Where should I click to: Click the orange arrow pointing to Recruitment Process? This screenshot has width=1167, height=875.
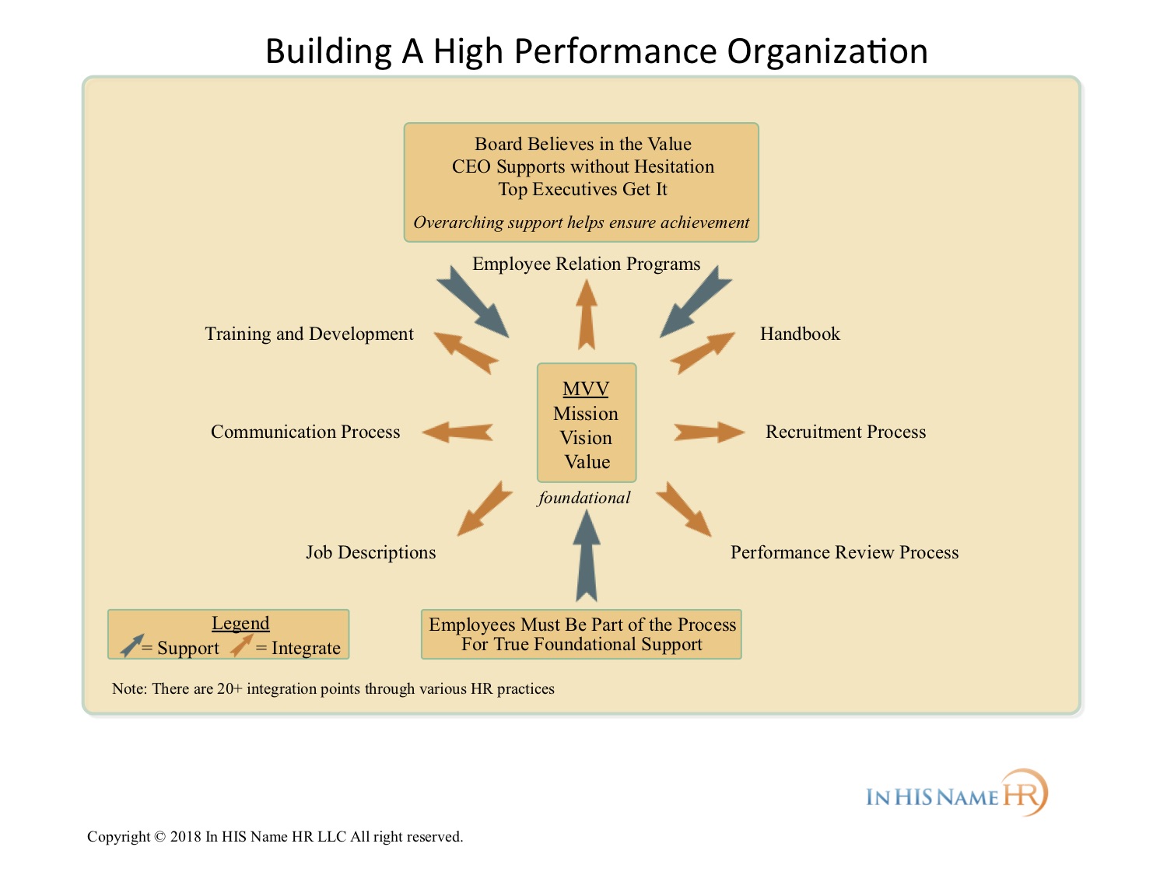(x=709, y=432)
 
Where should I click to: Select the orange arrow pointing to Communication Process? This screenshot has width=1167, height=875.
(x=457, y=432)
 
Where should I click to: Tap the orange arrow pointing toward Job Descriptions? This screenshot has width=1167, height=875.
(x=485, y=509)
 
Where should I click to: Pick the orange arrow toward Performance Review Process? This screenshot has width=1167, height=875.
(x=684, y=509)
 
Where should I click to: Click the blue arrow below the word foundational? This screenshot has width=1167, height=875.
(x=587, y=555)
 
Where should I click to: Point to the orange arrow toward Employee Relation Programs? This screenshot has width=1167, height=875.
(x=587, y=314)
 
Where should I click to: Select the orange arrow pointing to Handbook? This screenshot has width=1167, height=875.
(x=703, y=353)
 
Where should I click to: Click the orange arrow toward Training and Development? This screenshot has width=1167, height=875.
(x=466, y=353)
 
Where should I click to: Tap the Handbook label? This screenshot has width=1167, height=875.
(x=800, y=334)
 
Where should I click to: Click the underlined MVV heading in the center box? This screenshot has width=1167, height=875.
(x=586, y=389)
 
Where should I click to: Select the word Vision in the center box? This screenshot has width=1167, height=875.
(x=586, y=438)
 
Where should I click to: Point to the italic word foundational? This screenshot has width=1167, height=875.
(x=583, y=498)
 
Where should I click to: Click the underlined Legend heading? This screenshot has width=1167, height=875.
(x=240, y=624)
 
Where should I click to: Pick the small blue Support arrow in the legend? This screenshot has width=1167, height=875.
(x=131, y=646)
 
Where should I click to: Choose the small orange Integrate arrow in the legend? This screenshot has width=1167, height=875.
(x=241, y=646)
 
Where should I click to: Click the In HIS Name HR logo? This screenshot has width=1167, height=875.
(x=957, y=793)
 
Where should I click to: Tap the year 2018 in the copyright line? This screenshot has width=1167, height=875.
(x=185, y=837)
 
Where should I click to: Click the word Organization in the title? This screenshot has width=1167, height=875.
(x=827, y=51)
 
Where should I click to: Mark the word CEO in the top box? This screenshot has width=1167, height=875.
(x=471, y=166)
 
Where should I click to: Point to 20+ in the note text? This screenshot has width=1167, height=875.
(x=230, y=688)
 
